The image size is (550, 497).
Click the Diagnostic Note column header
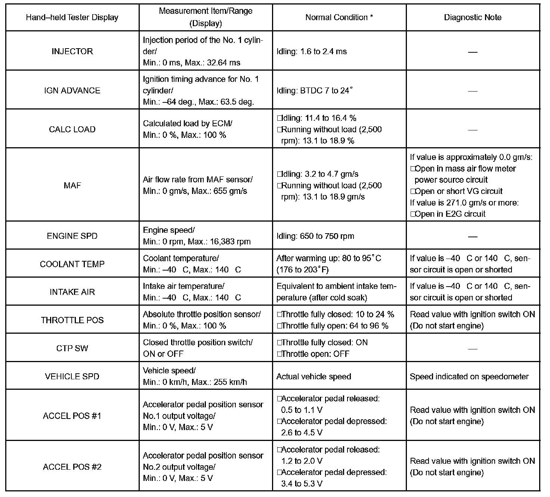[473, 18]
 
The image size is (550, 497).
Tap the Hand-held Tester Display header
[72, 18]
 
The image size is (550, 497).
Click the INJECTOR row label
[72, 51]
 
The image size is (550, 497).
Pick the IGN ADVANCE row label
[72, 90]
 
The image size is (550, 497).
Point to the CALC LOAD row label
[72, 129]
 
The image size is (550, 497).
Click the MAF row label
[72, 185]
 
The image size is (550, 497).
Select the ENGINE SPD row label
[72, 236]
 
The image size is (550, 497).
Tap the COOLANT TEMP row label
[72, 264]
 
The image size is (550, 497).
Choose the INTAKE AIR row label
[72, 292]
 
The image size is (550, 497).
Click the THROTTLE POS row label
[72, 320]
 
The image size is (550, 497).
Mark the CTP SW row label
[72, 348]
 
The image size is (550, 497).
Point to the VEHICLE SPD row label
[72, 376]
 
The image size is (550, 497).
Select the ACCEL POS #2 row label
[72, 467]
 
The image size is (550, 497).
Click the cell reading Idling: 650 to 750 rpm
[315, 236]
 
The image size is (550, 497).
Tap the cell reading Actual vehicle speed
[313, 377]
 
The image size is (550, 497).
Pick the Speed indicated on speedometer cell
[469, 377]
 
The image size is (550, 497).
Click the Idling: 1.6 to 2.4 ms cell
[311, 52]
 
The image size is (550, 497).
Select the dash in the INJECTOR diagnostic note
[473, 52]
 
